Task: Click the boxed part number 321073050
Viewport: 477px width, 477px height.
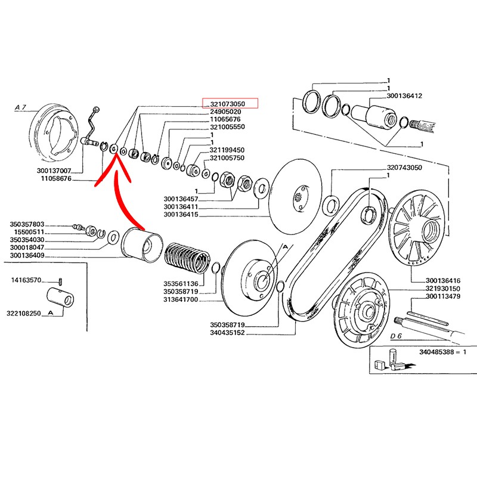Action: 230,104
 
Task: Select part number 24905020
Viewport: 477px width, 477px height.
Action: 225,112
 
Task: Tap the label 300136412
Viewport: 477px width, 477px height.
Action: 404,95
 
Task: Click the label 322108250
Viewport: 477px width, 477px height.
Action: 24,312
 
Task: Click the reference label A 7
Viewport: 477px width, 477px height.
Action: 21,107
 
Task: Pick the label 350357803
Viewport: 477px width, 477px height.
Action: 27,224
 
